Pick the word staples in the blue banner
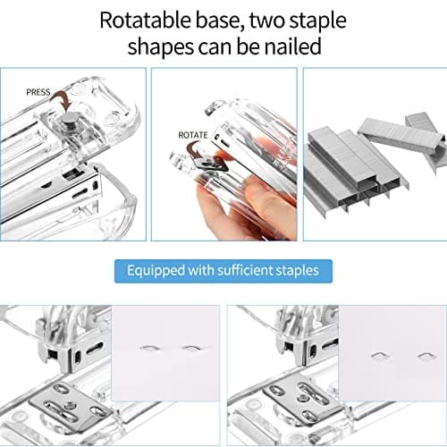(x=298, y=269)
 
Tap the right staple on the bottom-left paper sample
(x=190, y=348)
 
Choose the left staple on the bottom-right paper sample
(x=379, y=355)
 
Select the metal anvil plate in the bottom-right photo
(x=295, y=401)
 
